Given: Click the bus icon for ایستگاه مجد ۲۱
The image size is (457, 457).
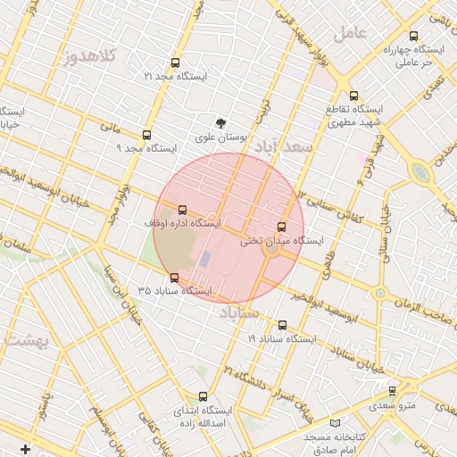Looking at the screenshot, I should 174,63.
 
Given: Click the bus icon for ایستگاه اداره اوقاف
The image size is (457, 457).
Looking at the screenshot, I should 183,209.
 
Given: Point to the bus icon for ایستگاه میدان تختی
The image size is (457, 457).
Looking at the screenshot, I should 282,227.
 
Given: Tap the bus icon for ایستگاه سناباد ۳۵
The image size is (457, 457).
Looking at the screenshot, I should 174,278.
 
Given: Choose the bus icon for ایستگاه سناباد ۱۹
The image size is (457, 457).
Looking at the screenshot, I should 283,325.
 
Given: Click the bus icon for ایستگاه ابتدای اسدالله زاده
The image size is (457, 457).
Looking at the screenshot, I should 203,395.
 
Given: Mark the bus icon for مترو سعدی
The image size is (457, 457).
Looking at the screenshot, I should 392,391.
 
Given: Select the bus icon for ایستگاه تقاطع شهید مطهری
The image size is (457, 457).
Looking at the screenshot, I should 353,96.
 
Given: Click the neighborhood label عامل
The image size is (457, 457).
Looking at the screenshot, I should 351,33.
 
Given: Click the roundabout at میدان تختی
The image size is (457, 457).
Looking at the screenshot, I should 271,251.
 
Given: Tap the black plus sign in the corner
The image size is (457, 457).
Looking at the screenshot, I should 24,448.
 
